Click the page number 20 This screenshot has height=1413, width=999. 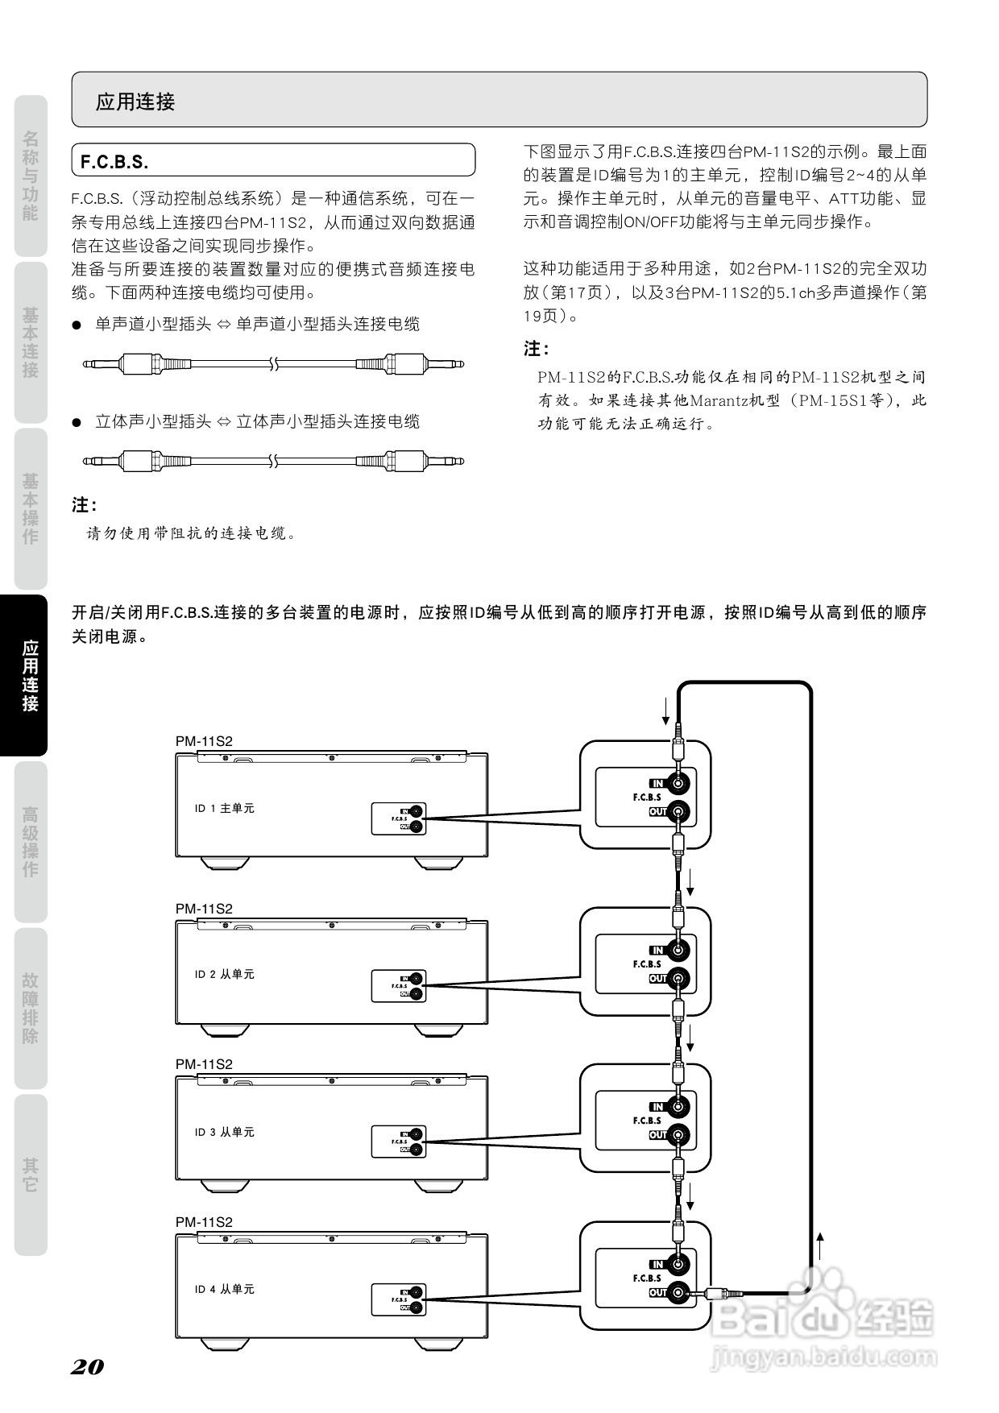tap(87, 1367)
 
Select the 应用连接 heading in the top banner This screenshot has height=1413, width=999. tap(135, 102)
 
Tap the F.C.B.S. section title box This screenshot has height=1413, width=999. tap(273, 160)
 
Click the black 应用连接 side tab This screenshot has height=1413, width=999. tap(30, 675)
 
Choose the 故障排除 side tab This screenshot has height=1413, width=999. tap(30, 1008)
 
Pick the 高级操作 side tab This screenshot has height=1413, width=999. tap(30, 842)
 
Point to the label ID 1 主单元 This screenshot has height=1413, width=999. tap(224, 808)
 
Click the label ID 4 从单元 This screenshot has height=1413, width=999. tap(224, 1289)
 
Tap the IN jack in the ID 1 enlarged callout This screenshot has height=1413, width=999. tap(680, 783)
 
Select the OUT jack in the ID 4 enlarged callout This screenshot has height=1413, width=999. tap(680, 1293)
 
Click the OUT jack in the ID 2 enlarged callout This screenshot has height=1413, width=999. tap(680, 979)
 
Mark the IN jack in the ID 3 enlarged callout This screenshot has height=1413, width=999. tap(680, 1107)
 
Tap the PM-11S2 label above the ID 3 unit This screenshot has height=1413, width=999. tap(204, 1064)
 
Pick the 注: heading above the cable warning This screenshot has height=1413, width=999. tap(84, 505)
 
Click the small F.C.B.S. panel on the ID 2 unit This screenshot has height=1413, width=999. tap(398, 986)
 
